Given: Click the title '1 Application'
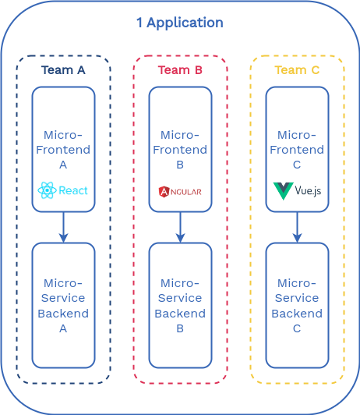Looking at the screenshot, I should pos(179,23).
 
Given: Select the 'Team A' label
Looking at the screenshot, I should pos(63,70).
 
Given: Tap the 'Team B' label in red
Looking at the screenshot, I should pos(180,70).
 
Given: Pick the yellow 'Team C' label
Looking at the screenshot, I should pos(297,70).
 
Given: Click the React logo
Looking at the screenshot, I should pos(63,190).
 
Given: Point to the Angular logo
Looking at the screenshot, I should pos(180,192).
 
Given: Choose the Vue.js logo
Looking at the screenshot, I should pos(297,190).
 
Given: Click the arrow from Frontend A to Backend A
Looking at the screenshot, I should pos(63,227).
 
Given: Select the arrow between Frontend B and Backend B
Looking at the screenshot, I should pos(180,227).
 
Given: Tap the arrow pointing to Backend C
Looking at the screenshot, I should pos(297,227).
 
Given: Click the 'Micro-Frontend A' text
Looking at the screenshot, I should pos(63,150).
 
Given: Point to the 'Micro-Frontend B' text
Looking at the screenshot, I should pos(180,150).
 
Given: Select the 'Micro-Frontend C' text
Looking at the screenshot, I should pos(297,150).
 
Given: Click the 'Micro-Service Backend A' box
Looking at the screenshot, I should pos(63,305).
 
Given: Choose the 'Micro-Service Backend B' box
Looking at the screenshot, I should pos(180,305).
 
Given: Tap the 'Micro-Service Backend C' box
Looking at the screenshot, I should pos(297,305).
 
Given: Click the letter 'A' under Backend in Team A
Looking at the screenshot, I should pos(63,329).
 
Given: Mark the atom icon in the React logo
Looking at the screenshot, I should pos(47,190).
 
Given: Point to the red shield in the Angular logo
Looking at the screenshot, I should pos(164,192).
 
